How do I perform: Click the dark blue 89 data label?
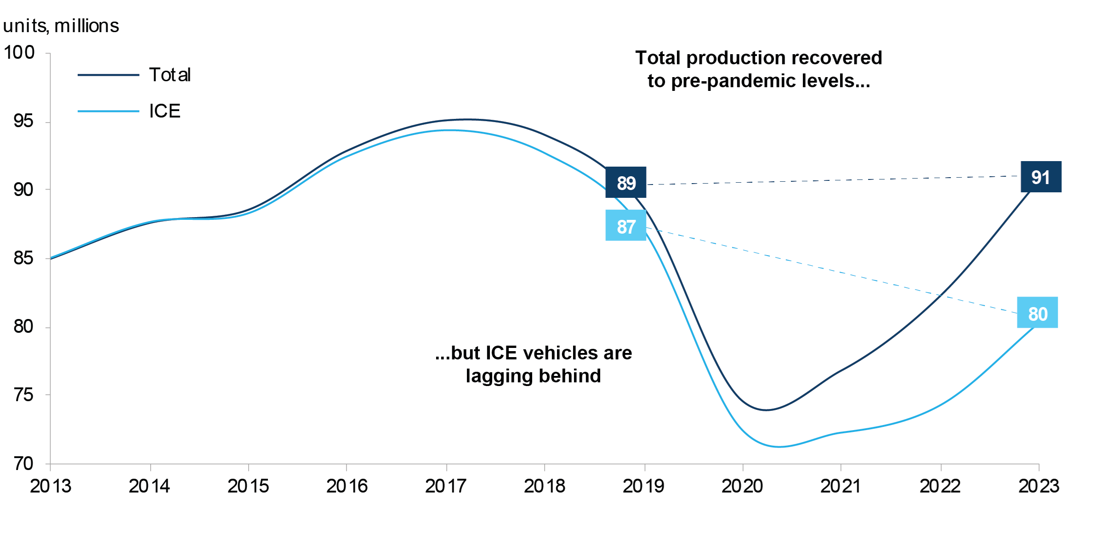click(x=626, y=183)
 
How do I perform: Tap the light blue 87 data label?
click(x=626, y=226)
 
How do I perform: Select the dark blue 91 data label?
click(x=1041, y=177)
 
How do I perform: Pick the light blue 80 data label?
click(x=1037, y=313)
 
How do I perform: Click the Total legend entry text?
click(x=170, y=75)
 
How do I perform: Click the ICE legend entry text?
click(x=165, y=111)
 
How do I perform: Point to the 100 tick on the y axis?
click(x=19, y=52)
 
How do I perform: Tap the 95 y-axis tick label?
click(x=23, y=121)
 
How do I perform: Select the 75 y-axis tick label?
click(x=23, y=395)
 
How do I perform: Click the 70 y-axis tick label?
click(x=23, y=464)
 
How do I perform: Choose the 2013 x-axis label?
click(x=51, y=486)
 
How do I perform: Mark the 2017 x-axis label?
click(x=446, y=486)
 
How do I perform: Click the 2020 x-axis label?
click(x=742, y=486)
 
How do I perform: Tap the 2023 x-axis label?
click(x=1039, y=486)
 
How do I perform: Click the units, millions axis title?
click(x=61, y=26)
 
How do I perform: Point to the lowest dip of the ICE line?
click(x=779, y=447)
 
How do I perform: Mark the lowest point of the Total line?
click(x=766, y=410)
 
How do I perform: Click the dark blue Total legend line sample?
click(x=108, y=75)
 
